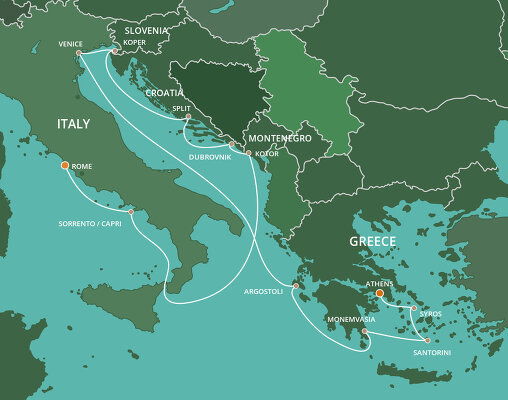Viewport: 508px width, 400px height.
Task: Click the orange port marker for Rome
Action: [65, 164]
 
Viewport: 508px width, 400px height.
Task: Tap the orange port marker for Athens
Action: [379, 293]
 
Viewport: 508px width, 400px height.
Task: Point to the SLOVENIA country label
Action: [146, 31]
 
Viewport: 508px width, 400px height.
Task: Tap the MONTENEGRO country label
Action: [271, 139]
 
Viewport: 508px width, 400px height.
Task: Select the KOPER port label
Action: [134, 43]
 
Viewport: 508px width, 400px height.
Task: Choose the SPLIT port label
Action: [182, 106]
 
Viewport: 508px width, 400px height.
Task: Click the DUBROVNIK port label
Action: [211, 156]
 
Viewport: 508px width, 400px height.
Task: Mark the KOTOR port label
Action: [267, 153]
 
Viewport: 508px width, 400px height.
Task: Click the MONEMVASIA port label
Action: [350, 318]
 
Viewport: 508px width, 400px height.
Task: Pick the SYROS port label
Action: [430, 314]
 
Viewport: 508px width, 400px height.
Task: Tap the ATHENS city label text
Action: [379, 283]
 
